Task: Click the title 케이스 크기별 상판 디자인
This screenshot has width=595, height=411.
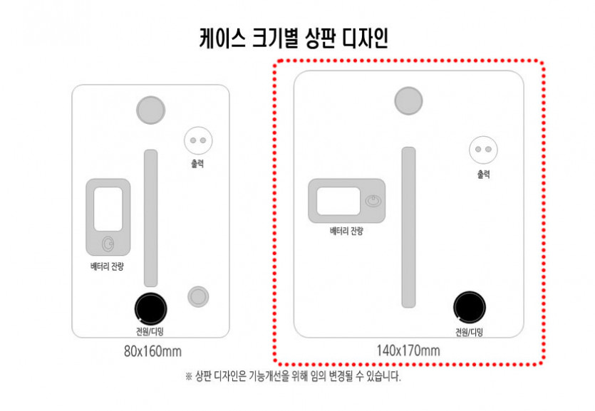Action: pos(294,38)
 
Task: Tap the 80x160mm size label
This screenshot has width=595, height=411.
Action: pos(152,351)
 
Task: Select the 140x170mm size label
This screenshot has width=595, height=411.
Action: pos(408,350)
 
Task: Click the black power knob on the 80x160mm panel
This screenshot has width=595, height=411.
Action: pos(150,308)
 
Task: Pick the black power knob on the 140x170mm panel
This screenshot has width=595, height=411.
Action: pos(470,307)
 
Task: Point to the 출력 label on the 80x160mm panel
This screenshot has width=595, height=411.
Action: pos(197,163)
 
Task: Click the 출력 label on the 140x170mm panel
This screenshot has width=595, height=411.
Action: pos(483,174)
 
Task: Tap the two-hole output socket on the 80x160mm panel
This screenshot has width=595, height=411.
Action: pos(198,140)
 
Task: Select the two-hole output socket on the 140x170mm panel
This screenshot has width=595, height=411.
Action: pos(483,150)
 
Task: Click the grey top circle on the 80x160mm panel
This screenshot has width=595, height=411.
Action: pos(150,110)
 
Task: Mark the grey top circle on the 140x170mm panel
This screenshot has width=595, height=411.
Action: pos(408,101)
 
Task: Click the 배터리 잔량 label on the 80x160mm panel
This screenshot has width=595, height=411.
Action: pos(107,266)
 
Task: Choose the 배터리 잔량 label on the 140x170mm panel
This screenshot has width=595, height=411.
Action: pos(346,231)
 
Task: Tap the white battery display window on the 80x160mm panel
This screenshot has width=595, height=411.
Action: pos(108,209)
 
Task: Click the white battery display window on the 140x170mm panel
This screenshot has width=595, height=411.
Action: pos(338,201)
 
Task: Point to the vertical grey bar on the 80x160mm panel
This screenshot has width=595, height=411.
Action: pos(150,218)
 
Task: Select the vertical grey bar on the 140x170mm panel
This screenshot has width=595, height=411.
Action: pos(409,227)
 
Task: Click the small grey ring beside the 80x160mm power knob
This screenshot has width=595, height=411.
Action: pos(198,296)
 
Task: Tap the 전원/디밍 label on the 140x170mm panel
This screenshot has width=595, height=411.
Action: pos(470,332)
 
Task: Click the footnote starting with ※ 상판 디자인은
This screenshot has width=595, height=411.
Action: pos(293,376)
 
